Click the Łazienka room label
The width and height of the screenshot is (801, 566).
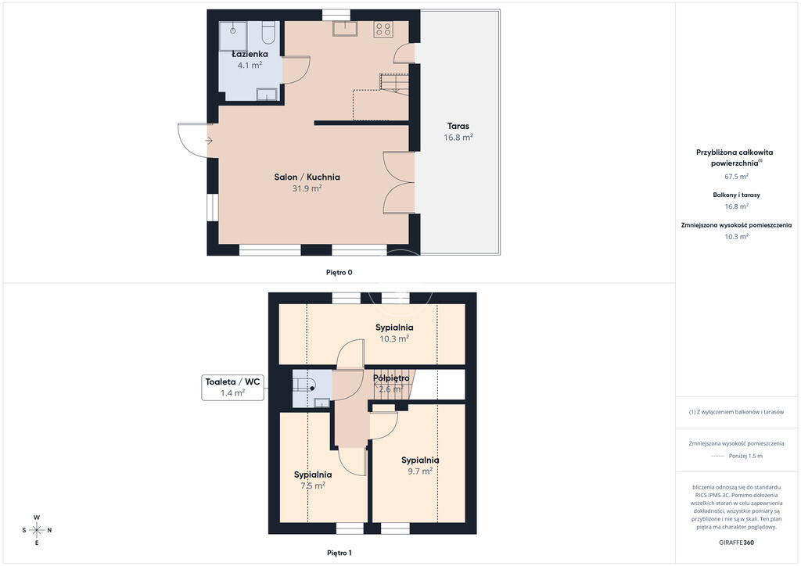pyautogui.click(x=250, y=54)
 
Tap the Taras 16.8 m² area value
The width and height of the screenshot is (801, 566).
pyautogui.click(x=458, y=138)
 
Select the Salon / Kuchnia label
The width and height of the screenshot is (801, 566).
pyautogui.click(x=307, y=177)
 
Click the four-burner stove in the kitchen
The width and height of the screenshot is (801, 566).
pyautogui.click(x=383, y=29)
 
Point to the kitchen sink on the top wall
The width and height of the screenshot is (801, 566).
pyautogui.click(x=345, y=28)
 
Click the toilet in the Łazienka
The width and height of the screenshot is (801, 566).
pyautogui.click(x=268, y=31)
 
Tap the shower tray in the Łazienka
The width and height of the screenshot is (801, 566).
pyautogui.click(x=233, y=35)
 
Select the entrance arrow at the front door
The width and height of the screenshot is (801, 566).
pyautogui.click(x=209, y=141)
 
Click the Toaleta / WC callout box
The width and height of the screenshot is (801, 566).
pyautogui.click(x=232, y=388)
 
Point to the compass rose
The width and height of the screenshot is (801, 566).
pyautogui.click(x=37, y=530)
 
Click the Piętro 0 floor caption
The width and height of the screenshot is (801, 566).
pyautogui.click(x=339, y=273)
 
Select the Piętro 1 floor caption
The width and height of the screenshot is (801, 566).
pyautogui.click(x=339, y=553)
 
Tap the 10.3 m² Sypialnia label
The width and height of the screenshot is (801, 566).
pyautogui.click(x=394, y=333)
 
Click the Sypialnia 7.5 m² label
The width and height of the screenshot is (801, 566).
pyautogui.click(x=313, y=480)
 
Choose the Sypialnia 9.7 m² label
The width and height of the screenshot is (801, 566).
pyautogui.click(x=420, y=465)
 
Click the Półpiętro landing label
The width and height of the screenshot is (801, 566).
pyautogui.click(x=391, y=378)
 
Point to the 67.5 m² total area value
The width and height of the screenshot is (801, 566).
pyautogui.click(x=737, y=177)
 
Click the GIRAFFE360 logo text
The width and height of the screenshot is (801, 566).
pyautogui.click(x=736, y=543)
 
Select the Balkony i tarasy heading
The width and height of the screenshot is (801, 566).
pyautogui.click(x=737, y=195)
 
